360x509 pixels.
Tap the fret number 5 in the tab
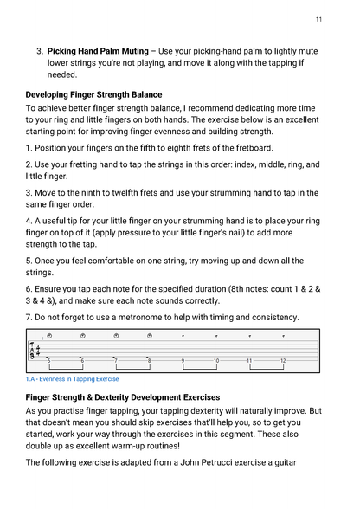tap(48, 359)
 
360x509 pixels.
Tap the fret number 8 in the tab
tap(148, 359)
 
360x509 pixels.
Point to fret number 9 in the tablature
tap(183, 359)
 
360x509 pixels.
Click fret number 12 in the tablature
tap(283, 359)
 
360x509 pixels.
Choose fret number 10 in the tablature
tap(216, 359)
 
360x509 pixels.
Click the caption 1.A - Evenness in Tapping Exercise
tap(72, 379)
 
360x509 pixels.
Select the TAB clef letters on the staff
tap(34, 351)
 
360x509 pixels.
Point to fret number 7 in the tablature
tap(116, 359)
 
